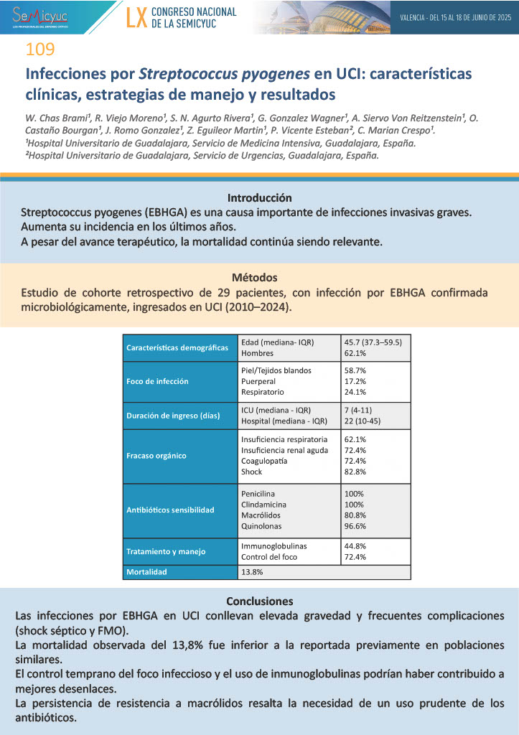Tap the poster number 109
[39, 50]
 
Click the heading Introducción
[259, 197]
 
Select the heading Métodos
[259, 277]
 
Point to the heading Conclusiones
[259, 601]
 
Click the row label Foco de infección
[157, 381]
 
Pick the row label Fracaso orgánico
[156, 455]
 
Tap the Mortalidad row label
[146, 572]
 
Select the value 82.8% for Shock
[355, 472]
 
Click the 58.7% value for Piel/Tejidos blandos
[355, 370]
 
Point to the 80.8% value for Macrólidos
[355, 515]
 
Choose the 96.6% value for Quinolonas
[355, 526]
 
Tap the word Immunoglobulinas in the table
[273, 546]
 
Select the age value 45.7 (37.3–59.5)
[373, 342]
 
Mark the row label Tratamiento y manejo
[166, 551]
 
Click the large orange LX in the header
[136, 18]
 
